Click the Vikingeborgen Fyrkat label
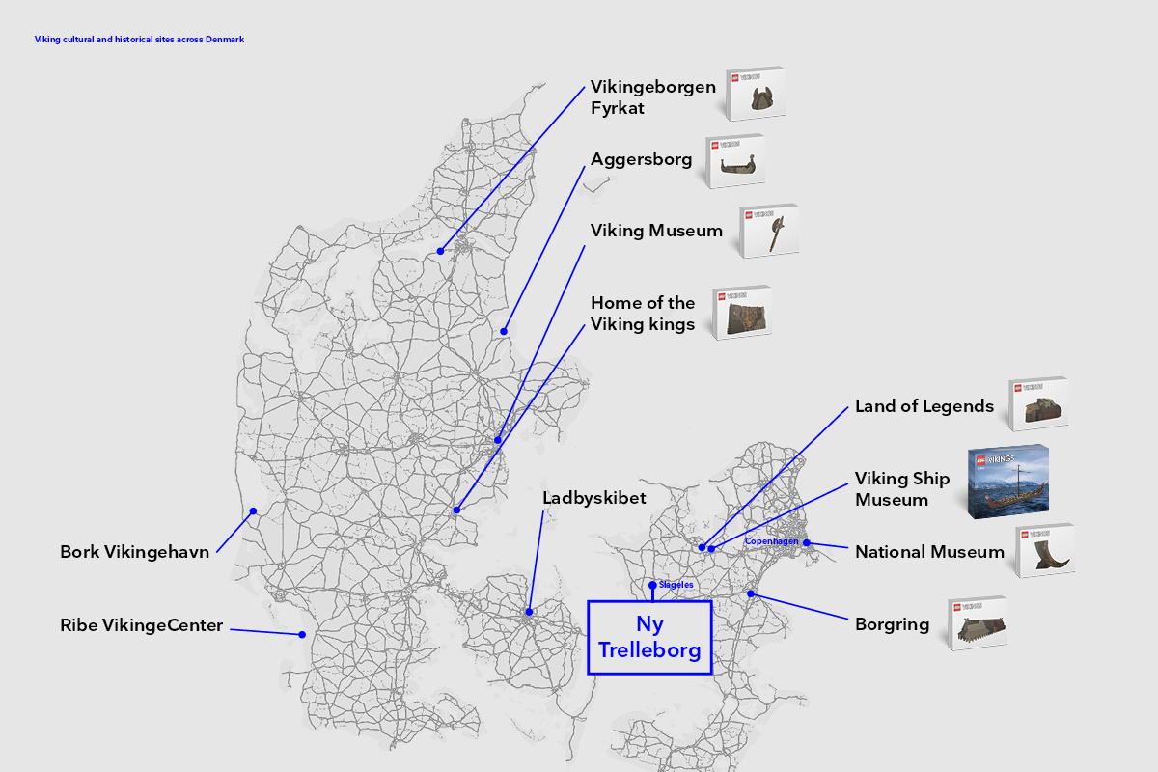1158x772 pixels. [x=652, y=96]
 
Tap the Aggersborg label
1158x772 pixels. [x=641, y=159]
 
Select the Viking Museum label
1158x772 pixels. [x=656, y=231]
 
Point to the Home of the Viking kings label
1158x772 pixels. [x=643, y=314]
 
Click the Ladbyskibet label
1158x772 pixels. [x=593, y=498]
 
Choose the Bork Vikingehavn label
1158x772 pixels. [x=134, y=553]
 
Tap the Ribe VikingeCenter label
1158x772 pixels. [x=141, y=625]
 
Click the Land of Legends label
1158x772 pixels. [x=924, y=406]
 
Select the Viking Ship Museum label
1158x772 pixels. [x=902, y=489]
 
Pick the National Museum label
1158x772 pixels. [x=929, y=552]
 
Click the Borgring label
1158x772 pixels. [x=892, y=624]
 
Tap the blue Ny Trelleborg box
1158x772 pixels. [x=649, y=637]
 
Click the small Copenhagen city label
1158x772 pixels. [x=771, y=541]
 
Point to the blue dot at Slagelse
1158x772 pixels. [x=652, y=585]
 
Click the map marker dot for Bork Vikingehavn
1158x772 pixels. [x=253, y=510]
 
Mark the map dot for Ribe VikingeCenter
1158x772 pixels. [x=302, y=634]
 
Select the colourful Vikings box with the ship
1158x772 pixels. [x=1008, y=482]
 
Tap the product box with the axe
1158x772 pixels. [x=769, y=232]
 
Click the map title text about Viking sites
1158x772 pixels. [x=139, y=40]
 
